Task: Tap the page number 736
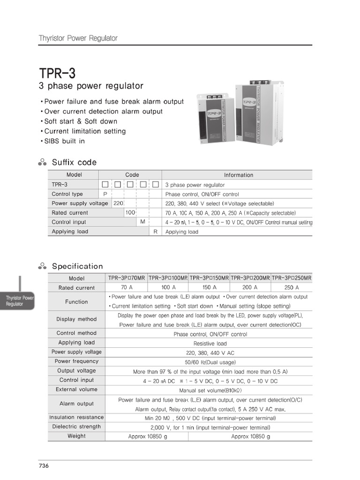coord(44,465)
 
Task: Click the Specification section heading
coord(77,266)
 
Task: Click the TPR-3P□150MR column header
coord(209,278)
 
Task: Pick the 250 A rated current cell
coord(291,288)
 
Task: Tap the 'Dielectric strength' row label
coord(76,427)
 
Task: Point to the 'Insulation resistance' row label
coord(76,417)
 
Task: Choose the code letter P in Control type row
coord(105,194)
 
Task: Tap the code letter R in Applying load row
coord(155,232)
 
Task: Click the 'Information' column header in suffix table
coord(238,175)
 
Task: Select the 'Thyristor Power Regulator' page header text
coord(78,38)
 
